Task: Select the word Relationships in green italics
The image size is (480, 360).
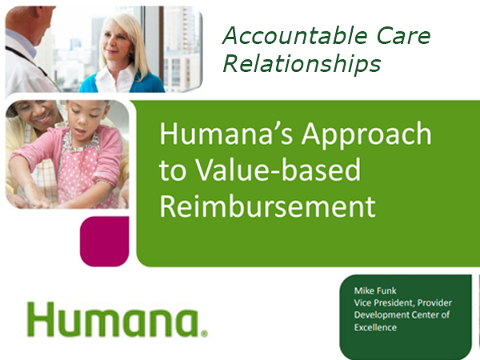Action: point(302,64)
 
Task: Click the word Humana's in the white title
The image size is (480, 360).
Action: point(226,134)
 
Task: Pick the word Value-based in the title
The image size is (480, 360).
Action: point(278,170)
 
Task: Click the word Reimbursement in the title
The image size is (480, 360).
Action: point(267,206)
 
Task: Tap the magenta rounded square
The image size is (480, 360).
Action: point(104,242)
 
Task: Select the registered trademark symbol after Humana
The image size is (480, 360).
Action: point(204,334)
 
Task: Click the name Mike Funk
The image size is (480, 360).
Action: point(375,290)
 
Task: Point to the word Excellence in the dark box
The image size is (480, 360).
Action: point(375,327)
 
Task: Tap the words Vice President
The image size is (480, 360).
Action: point(385,302)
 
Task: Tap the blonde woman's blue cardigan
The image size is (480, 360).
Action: point(122,82)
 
